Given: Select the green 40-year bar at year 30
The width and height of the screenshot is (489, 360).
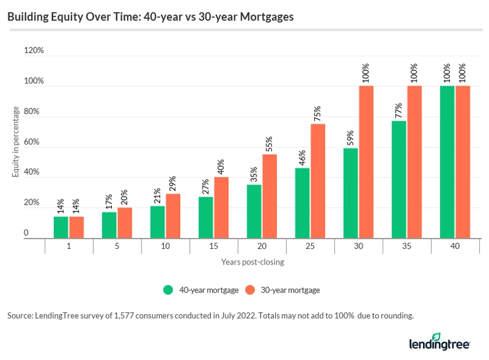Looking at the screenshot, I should point(351,193).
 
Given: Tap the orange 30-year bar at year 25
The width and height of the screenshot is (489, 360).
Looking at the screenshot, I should point(318,181).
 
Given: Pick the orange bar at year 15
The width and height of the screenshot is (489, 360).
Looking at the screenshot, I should point(221,208).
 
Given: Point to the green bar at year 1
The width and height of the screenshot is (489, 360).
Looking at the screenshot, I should point(61,227).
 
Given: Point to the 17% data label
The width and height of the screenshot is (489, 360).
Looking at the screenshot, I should point(109,201).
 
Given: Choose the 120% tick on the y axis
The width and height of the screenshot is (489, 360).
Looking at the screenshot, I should point(34,51).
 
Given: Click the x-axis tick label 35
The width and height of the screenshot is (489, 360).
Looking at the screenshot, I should point(407,246).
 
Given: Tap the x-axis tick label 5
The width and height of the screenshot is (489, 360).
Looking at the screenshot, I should point(117,246).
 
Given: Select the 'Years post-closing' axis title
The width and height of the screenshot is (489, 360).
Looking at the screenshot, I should point(252,262).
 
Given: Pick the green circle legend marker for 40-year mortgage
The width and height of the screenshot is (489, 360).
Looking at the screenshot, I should point(169,290).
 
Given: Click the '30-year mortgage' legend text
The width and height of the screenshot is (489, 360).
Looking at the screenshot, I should point(290,290).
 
